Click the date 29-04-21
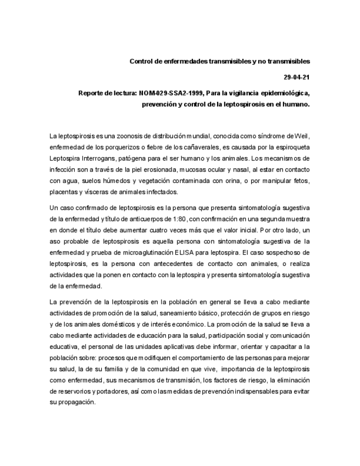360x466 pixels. [297, 77]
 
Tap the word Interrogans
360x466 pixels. [102, 159]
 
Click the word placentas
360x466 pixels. [64, 192]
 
